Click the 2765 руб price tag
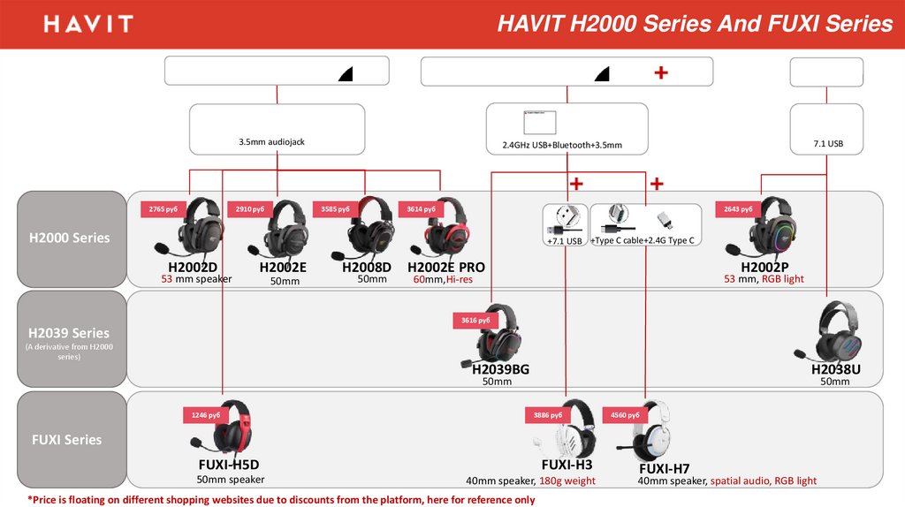click(164, 209)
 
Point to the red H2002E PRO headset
click(447, 231)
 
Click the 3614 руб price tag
click(421, 209)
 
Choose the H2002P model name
click(764, 268)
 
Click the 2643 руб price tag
click(738, 209)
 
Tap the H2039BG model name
click(500, 369)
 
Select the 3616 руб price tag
click(475, 320)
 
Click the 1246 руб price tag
click(206, 413)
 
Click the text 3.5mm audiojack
click(271, 141)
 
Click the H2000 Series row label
click(69, 238)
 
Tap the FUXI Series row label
click(67, 439)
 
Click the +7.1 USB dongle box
click(564, 225)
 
